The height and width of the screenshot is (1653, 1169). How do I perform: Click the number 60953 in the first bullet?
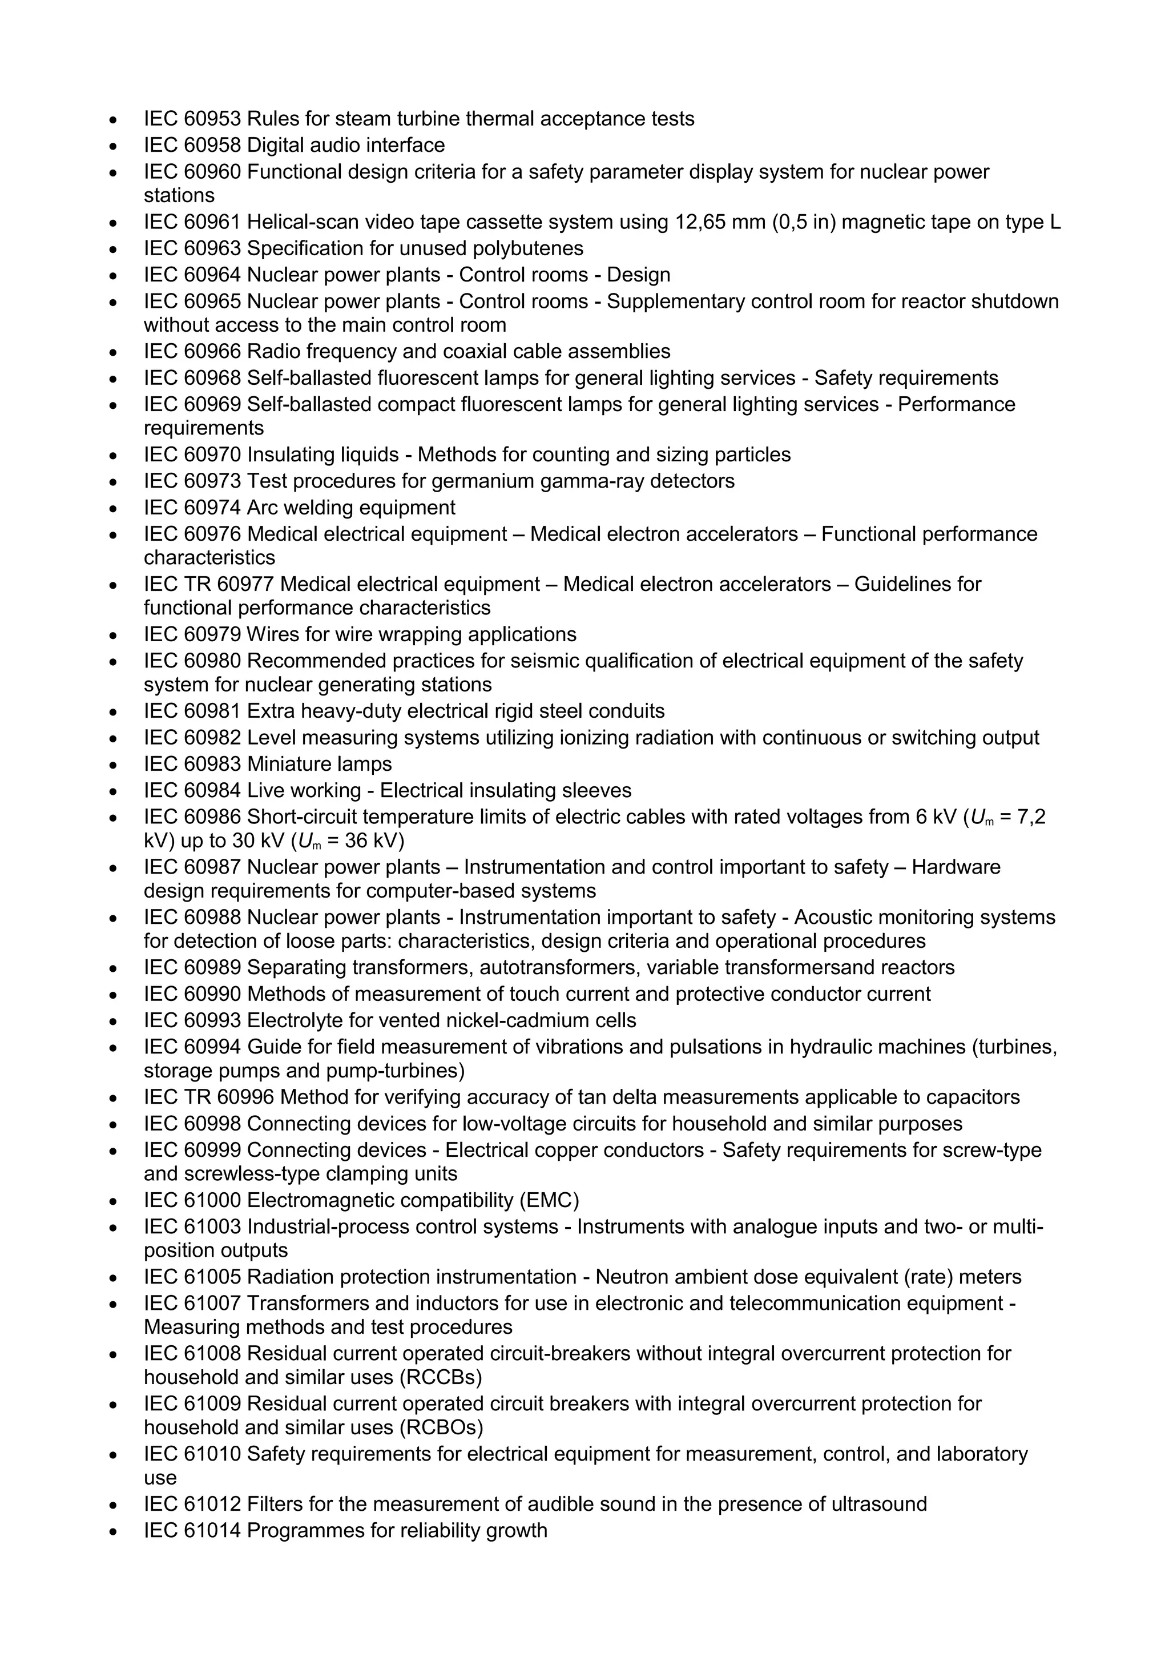point(212,119)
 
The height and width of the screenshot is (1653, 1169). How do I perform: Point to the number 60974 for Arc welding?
point(212,508)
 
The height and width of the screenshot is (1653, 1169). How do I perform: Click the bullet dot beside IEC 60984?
point(113,791)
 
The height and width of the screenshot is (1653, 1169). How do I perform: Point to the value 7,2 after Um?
point(1031,817)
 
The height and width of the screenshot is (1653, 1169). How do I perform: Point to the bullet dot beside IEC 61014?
point(113,1531)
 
